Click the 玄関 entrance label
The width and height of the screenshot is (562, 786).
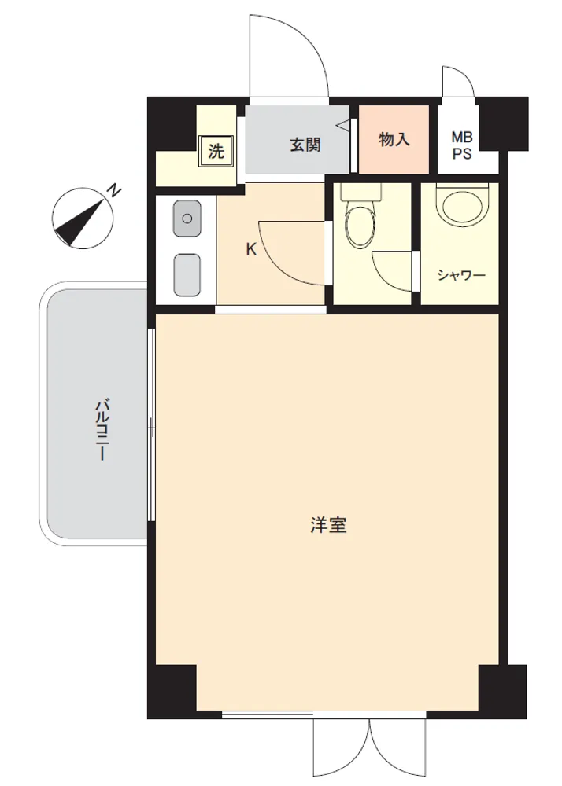305,145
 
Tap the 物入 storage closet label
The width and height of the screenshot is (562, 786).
394,139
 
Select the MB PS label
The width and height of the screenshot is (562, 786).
462,145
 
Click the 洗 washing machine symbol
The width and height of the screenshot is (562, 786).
216,150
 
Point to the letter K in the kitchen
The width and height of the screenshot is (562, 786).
251,249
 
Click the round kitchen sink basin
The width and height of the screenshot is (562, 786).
187,218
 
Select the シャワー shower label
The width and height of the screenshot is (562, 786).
461,275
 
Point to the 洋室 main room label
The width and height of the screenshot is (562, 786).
329,525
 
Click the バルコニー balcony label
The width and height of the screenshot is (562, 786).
102,429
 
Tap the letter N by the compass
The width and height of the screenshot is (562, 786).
116,191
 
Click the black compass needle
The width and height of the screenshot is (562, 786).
80,223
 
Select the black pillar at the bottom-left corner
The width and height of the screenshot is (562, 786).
172,692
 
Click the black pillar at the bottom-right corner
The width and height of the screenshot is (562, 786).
502,692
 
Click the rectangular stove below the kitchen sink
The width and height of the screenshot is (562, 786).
187,274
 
